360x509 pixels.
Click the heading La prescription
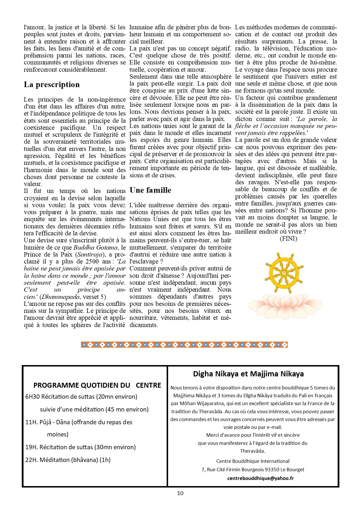[52, 84]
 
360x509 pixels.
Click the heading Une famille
[150, 190]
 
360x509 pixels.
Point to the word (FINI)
[288, 239]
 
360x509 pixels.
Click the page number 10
[180, 493]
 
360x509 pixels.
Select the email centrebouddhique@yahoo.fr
[260, 478]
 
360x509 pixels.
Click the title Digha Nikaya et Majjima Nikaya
[248, 374]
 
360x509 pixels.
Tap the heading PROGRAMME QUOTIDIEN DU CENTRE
[97, 385]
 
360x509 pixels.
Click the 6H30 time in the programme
[32, 397]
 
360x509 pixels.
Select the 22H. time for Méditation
[31, 460]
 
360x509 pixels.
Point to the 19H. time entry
[31, 447]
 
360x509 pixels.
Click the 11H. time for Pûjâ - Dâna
[31, 422]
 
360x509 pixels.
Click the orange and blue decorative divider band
[184, 344]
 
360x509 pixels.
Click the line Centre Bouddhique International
[253, 461]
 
